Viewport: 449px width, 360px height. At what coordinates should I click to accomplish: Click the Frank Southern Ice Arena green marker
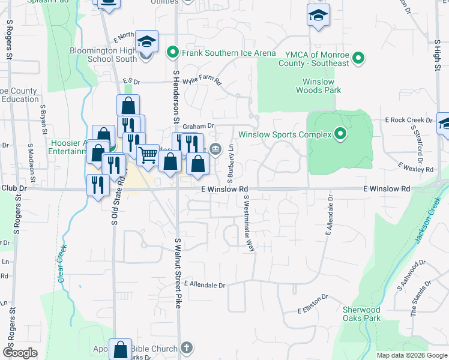point(172,53)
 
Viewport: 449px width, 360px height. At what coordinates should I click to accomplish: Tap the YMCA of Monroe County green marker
point(359,58)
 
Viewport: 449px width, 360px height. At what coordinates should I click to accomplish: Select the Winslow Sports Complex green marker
point(340,134)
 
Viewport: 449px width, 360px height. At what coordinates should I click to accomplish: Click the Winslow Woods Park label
point(318,86)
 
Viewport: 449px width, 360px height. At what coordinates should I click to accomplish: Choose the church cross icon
point(187,347)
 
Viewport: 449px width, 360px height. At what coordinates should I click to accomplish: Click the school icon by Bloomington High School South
point(146,42)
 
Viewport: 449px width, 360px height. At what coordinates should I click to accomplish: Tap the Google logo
point(20,353)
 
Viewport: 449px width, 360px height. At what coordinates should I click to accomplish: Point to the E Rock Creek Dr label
point(408,120)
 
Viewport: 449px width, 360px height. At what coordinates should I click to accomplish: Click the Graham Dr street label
point(198,126)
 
